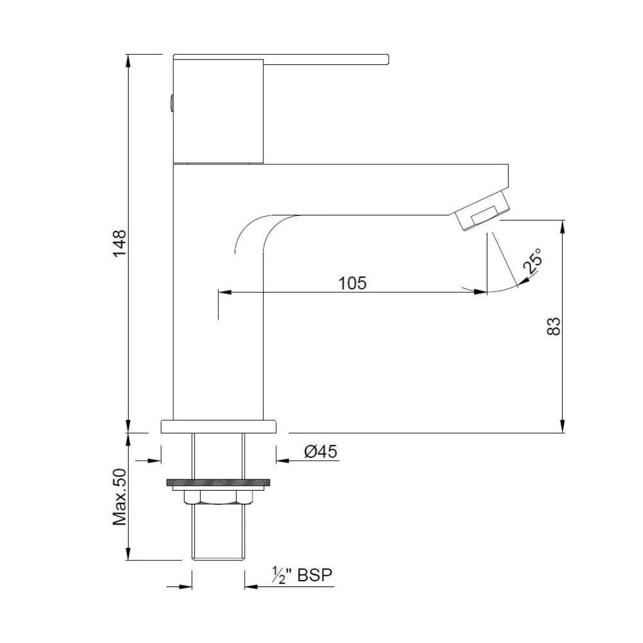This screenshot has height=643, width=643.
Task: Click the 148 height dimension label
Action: click(120, 243)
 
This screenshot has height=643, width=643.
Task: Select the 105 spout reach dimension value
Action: click(352, 283)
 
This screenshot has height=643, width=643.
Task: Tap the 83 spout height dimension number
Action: click(554, 326)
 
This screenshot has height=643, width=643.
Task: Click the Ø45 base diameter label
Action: click(320, 452)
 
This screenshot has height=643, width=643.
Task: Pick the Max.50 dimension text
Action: click(120, 497)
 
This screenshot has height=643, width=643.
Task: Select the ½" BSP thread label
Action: click(301, 576)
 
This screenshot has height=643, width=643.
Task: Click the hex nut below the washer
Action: click(217, 497)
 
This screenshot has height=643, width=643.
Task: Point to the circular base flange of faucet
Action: click(219, 426)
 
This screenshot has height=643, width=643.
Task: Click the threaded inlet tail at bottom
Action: click(219, 533)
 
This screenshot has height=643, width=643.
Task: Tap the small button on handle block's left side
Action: click(171, 104)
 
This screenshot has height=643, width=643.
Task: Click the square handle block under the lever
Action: click(218, 110)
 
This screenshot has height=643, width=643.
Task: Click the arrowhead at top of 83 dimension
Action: click(563, 225)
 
